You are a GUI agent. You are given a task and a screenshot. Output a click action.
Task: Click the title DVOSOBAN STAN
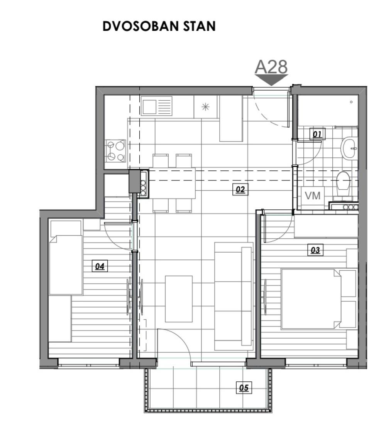point(159,26)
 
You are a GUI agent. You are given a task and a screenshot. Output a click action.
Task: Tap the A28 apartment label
point(271,67)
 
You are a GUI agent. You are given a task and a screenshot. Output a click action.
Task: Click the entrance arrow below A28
point(271,80)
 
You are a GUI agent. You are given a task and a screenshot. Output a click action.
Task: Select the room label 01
point(317,134)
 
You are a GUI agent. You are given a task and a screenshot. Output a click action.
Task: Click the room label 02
point(240,189)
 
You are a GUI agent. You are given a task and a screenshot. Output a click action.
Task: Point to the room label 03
point(315,250)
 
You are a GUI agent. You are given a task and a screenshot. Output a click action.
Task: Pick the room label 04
point(100,266)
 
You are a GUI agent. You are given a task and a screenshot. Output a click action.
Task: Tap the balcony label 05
point(244,387)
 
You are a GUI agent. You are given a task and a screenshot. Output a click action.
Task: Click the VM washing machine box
point(313,195)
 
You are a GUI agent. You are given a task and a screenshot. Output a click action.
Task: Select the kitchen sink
point(157,106)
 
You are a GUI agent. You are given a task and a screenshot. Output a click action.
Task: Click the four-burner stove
point(116,150)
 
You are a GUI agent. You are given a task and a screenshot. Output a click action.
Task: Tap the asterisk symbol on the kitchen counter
point(205,107)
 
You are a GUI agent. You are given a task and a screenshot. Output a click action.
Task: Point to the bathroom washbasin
point(349,148)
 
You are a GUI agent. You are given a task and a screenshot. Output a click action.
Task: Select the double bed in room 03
point(311,299)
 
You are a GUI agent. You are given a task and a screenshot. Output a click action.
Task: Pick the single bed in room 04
point(66,265)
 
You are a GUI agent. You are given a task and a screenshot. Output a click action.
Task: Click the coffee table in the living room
point(179,299)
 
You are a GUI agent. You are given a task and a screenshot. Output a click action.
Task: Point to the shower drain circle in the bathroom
point(351,102)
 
